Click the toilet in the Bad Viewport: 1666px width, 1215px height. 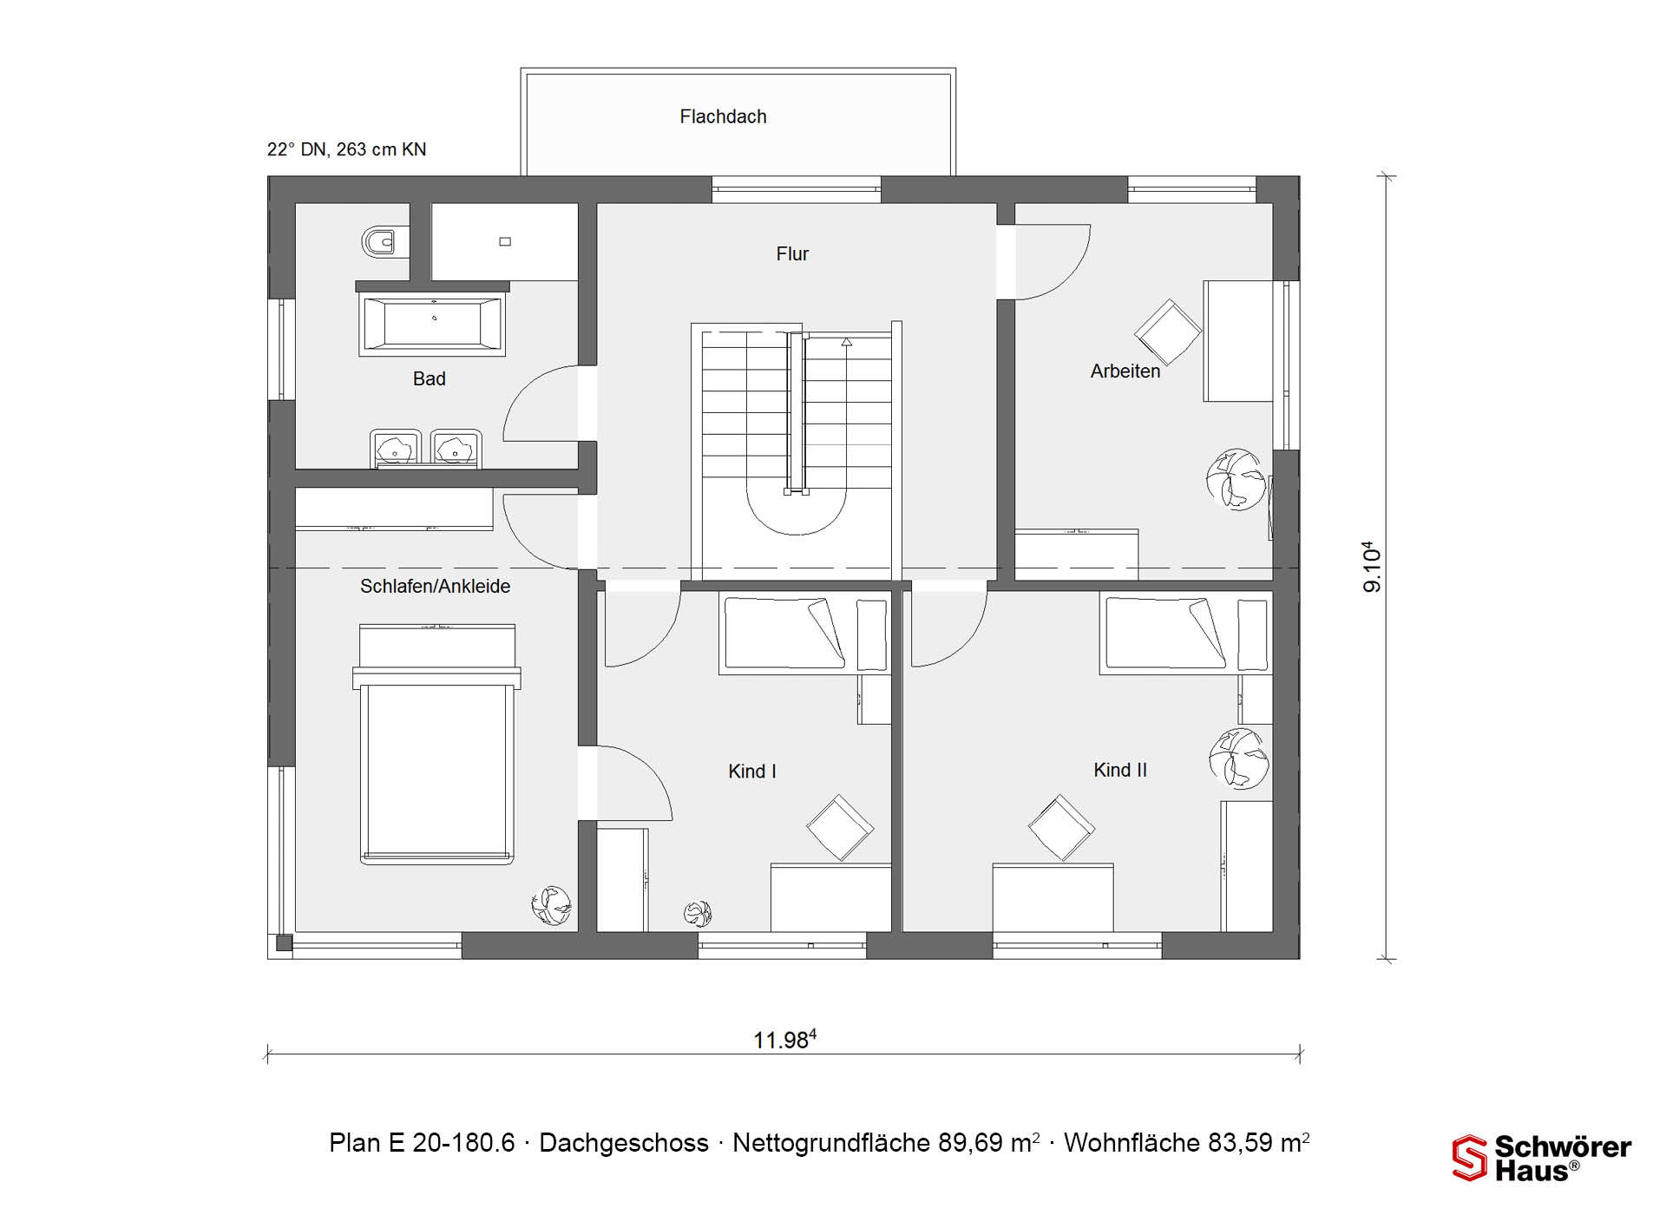379,242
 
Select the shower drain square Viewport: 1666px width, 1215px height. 505,241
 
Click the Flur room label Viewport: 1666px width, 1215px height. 792,254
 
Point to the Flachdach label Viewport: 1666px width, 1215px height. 723,116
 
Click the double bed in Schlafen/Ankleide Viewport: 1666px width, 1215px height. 436,744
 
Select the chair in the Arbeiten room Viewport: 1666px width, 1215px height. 1168,332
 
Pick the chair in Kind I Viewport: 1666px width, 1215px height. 840,827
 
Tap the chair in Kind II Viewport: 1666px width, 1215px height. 1061,827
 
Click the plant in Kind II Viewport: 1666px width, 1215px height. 1239,758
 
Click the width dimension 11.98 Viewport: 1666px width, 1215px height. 784,1040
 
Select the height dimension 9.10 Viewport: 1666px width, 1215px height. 1372,568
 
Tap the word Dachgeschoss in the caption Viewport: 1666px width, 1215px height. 624,1143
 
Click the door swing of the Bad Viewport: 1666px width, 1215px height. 541,404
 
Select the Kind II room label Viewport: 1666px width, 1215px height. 1120,770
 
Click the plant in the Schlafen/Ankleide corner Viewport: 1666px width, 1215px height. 552,905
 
